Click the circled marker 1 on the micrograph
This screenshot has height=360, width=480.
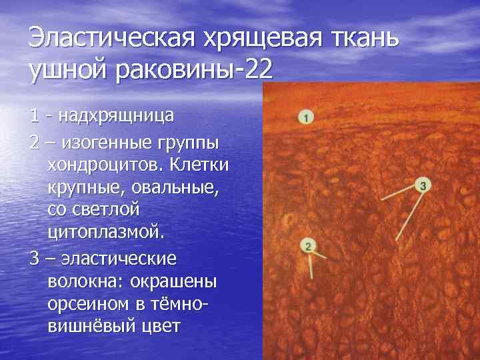[305, 118]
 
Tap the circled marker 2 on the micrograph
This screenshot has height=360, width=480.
[307, 246]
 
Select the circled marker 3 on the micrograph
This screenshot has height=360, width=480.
[423, 185]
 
